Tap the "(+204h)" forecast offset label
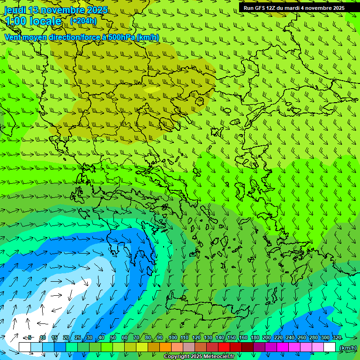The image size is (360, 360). click(x=83, y=21)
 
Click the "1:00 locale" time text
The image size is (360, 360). click(x=33, y=21)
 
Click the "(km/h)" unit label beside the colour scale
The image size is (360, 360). click(x=347, y=348)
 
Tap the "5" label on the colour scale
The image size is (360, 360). click(x=30, y=337)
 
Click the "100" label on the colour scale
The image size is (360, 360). click(x=172, y=337)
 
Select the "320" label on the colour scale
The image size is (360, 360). click(x=337, y=337)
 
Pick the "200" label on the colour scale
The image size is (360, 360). click(x=267, y=337)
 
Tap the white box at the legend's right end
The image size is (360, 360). click(x=330, y=347)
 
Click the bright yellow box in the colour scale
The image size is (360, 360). click(x=142, y=347)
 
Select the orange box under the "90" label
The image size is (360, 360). click(x=165, y=347)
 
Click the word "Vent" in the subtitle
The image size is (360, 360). click(x=13, y=37)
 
